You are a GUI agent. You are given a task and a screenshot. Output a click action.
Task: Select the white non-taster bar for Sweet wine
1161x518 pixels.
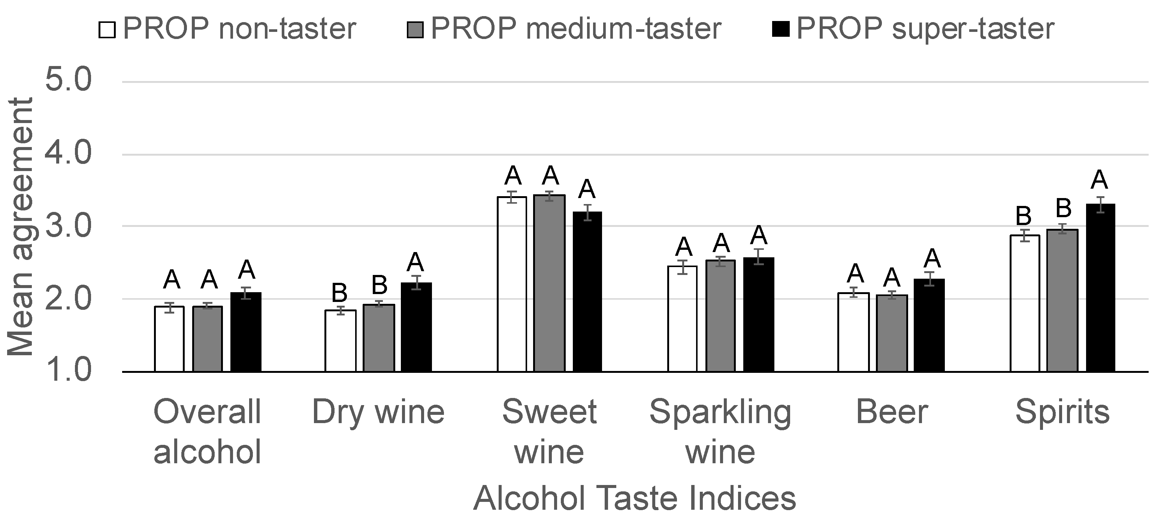pyautogui.click(x=512, y=284)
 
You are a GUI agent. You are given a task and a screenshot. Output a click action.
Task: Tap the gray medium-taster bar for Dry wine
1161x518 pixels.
pyautogui.click(x=379, y=338)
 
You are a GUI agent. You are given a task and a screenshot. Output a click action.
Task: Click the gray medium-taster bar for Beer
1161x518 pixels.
pyautogui.click(x=892, y=333)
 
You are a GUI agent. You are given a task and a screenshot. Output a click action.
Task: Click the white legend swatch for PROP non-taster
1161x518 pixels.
pyautogui.click(x=107, y=30)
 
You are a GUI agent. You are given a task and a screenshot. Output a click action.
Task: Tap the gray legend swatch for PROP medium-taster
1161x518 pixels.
pyautogui.click(x=415, y=30)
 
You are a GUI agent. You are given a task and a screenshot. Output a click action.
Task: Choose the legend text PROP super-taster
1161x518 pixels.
pyautogui.click(x=925, y=29)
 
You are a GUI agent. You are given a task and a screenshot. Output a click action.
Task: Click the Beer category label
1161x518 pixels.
pyautogui.click(x=892, y=412)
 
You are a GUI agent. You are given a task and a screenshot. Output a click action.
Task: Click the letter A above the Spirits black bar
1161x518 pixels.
pyautogui.click(x=1099, y=180)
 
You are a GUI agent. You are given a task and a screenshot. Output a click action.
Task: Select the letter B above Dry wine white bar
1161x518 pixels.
pyautogui.click(x=339, y=293)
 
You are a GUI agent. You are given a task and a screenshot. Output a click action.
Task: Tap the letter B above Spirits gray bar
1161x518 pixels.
pyautogui.click(x=1064, y=209)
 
